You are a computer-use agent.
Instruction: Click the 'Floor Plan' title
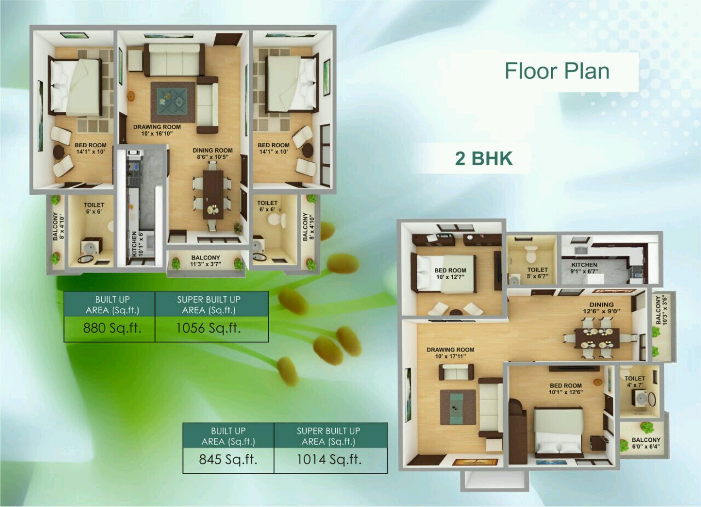(x=558, y=71)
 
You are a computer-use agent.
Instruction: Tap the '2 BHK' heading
(x=484, y=158)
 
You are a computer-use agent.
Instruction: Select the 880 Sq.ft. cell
(x=112, y=329)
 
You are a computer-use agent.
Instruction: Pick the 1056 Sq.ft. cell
(x=209, y=329)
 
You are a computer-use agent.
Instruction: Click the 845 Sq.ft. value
(x=228, y=460)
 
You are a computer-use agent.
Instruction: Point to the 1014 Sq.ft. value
(x=329, y=460)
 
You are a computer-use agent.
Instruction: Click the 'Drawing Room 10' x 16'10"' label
(x=157, y=130)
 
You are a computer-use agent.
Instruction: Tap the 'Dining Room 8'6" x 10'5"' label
(x=212, y=154)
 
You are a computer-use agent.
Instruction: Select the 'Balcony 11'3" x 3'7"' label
(x=205, y=261)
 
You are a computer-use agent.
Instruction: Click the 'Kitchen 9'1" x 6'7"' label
(x=584, y=268)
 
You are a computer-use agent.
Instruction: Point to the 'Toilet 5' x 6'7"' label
(x=537, y=273)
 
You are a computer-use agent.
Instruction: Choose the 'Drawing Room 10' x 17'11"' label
(x=450, y=353)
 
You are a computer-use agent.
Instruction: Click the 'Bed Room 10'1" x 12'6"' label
(x=566, y=389)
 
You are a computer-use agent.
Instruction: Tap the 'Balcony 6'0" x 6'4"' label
(x=646, y=443)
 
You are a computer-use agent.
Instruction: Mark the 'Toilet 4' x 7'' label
(x=635, y=382)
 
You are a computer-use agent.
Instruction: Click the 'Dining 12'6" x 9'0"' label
(x=601, y=308)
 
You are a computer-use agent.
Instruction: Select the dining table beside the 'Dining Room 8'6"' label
(x=213, y=194)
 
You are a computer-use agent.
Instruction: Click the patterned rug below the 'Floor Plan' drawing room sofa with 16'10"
(x=173, y=102)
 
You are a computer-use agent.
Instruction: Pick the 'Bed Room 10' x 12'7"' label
(x=450, y=273)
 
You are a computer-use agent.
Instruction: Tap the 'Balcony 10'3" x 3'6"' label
(x=661, y=310)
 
